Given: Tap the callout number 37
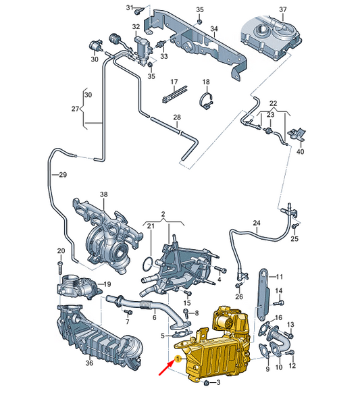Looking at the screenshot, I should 282,9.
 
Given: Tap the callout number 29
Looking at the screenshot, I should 63,176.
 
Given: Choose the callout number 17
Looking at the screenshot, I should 174,82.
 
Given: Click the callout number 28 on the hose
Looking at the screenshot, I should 176,117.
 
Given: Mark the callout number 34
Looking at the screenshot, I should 214,29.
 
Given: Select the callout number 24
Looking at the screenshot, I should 256,223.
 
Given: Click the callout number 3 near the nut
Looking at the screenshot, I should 217,383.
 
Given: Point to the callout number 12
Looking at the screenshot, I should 292,366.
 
